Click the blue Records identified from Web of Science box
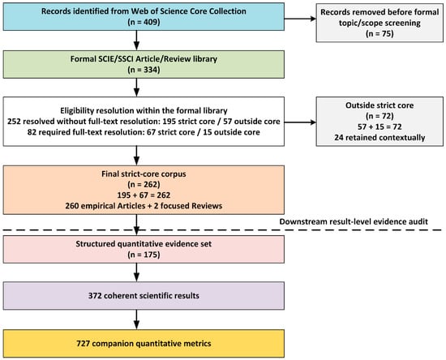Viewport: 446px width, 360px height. [144, 16]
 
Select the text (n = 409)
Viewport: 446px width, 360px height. [144, 22]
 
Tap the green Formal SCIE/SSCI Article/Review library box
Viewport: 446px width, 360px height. [144, 64]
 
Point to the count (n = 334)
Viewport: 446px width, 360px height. [144, 70]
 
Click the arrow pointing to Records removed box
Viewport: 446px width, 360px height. [300, 19]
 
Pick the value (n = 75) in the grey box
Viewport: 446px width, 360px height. [380, 34]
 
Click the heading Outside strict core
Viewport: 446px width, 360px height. [380, 105]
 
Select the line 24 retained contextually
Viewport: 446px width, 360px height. [380, 138]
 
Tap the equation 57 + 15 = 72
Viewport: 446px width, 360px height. [380, 126]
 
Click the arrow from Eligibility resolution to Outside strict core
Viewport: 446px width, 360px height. [300, 122]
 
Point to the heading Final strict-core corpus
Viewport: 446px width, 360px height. [144, 174]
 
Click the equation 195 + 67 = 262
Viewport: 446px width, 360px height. [144, 195]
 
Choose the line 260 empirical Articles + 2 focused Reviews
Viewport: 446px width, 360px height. [144, 206]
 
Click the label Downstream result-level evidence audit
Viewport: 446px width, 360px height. [354, 222]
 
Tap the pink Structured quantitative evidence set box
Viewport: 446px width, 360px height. [144, 249]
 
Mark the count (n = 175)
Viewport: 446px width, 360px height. [144, 255]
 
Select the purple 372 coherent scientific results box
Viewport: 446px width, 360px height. [144, 296]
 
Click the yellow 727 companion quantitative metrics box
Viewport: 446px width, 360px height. [144, 344]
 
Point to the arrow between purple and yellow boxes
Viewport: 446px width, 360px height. [136, 319]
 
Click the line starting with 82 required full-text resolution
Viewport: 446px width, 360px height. [144, 132]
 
